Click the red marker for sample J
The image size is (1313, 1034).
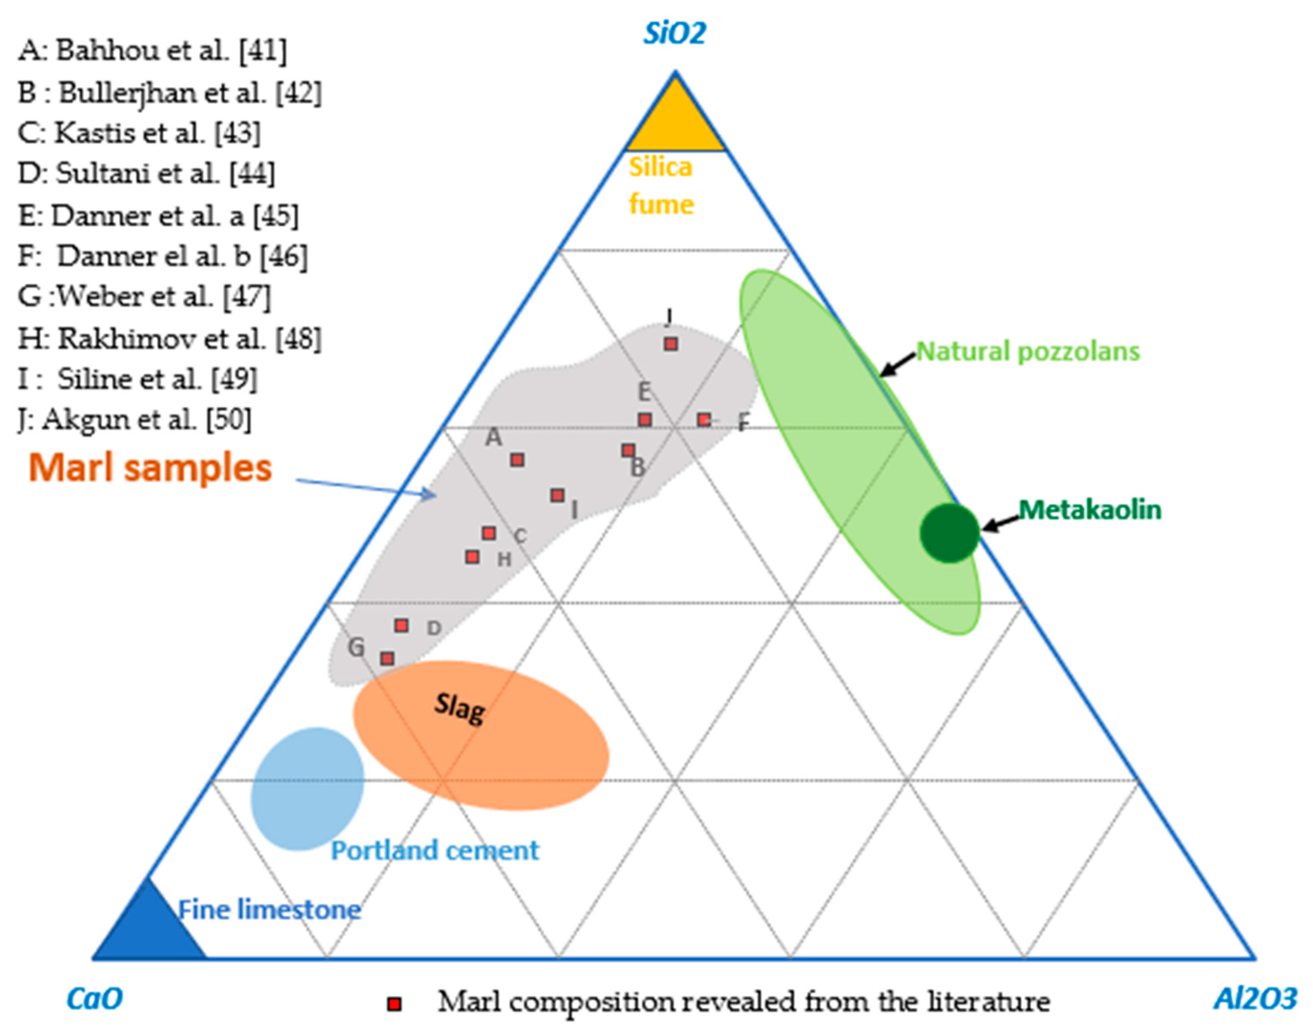pyautogui.click(x=670, y=344)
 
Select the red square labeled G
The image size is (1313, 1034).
pyautogui.click(x=387, y=658)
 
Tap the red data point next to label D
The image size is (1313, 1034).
pyautogui.click(x=401, y=625)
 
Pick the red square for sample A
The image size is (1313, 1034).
pyautogui.click(x=517, y=460)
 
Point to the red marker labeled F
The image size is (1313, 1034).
pyautogui.click(x=704, y=419)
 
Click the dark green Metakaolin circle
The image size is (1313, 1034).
pyautogui.click(x=949, y=533)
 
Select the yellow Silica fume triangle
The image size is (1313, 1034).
pyautogui.click(x=675, y=121)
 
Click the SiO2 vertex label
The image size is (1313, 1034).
pyautogui.click(x=674, y=33)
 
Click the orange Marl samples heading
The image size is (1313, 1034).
pyautogui.click(x=151, y=468)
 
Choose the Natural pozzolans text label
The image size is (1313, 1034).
pyautogui.click(x=1028, y=351)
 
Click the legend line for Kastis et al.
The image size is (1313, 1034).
pyautogui.click(x=139, y=132)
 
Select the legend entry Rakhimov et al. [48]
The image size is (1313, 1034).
pyautogui.click(x=169, y=339)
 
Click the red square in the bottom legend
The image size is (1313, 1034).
pyautogui.click(x=394, y=1004)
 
